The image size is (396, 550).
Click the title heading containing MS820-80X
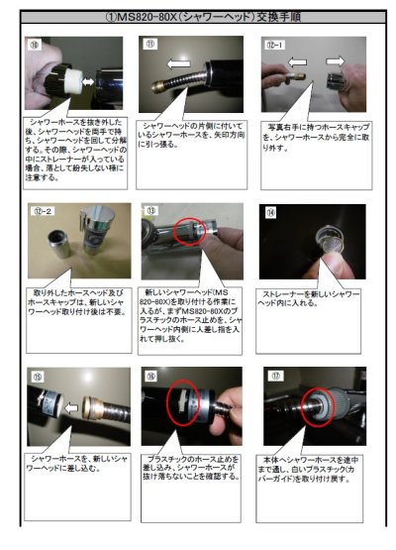pyautogui.click(x=198, y=19)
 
